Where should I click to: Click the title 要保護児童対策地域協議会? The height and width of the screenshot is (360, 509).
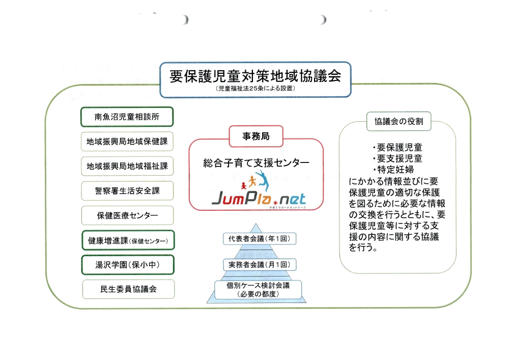255,76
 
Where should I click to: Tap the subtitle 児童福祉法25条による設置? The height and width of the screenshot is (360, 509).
255,89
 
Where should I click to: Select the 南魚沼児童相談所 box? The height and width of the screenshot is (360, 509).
127,117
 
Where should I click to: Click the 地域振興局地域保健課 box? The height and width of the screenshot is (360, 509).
127,142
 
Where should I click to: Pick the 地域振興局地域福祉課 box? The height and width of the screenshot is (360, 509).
127,166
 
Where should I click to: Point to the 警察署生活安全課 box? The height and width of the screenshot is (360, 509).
127,191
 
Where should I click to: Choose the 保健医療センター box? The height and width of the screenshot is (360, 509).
127,215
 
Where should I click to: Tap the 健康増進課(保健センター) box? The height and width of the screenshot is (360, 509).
127,240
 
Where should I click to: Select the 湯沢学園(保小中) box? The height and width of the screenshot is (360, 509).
127,265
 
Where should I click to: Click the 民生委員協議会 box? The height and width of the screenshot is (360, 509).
127,289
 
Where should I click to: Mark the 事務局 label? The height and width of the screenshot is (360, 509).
256,135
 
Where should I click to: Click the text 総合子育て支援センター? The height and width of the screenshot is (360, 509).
256,163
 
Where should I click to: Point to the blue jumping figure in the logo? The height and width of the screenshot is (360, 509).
264,179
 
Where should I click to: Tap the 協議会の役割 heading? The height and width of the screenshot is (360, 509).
399,122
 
